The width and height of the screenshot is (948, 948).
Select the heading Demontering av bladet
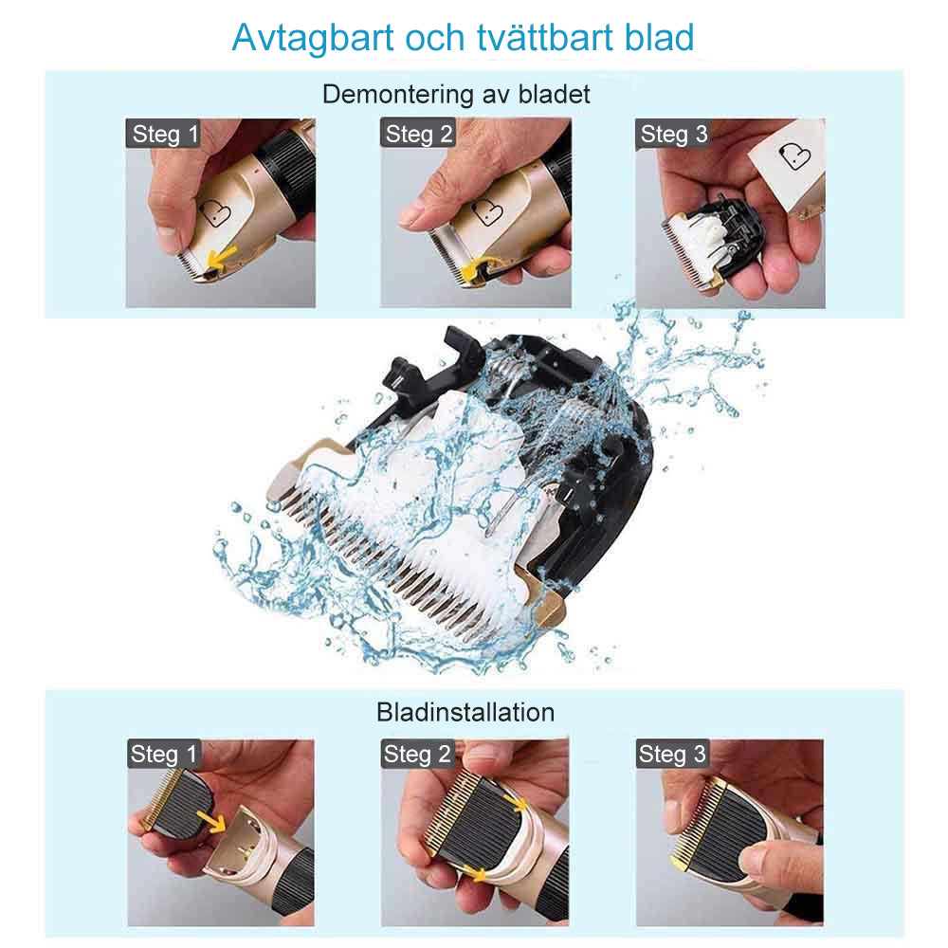456,95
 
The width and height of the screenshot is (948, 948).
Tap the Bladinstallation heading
465,711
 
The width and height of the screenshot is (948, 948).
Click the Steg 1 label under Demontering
165,134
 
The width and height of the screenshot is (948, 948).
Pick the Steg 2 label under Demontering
419,134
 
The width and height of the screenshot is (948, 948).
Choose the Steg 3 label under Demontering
673,134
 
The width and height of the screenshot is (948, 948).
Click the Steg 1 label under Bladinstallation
165,755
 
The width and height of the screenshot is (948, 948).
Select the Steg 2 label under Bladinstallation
417,755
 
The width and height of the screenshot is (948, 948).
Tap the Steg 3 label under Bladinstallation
672,755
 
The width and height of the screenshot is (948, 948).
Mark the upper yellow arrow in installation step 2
518,802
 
